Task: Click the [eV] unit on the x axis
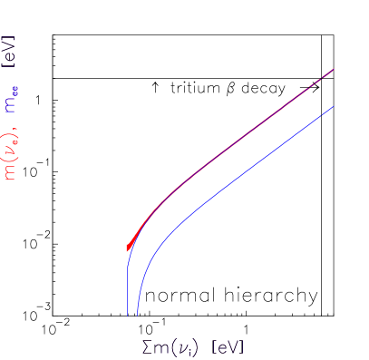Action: (x=228, y=348)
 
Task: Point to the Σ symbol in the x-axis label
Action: (x=147, y=348)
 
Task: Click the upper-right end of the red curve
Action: (x=334, y=69)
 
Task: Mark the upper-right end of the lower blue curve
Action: (x=334, y=106)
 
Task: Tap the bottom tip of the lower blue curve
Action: (x=137, y=314)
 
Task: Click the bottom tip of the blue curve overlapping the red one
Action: (x=128, y=314)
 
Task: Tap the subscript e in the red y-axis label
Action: (x=15, y=145)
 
